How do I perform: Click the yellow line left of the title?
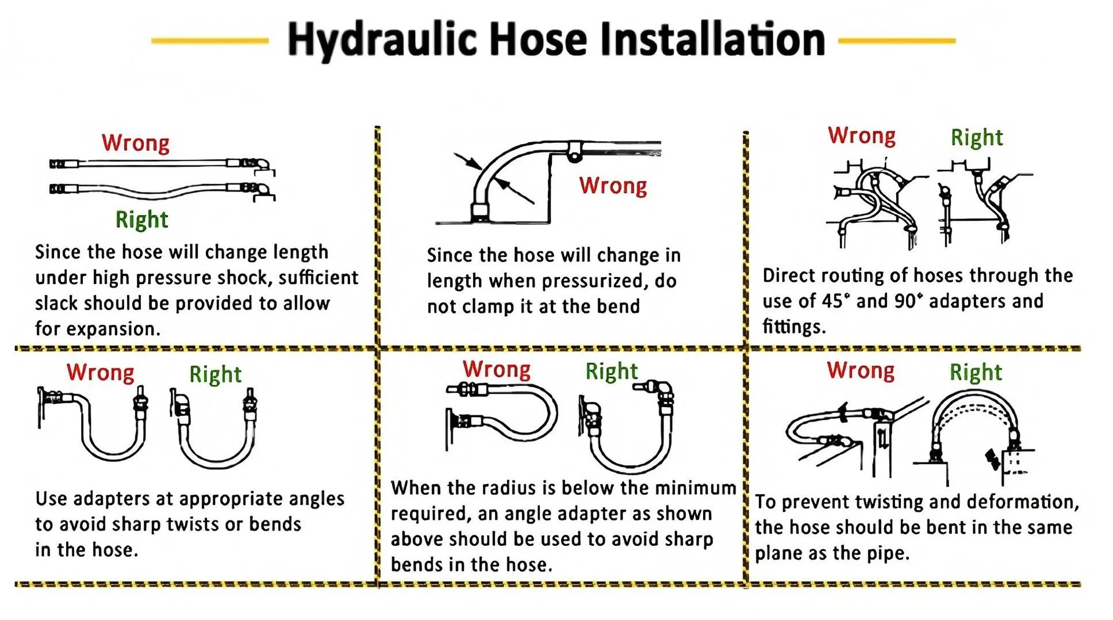tap(210, 41)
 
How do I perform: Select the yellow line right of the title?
tap(897, 41)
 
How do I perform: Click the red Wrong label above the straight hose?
tap(136, 143)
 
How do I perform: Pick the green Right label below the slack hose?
tap(142, 219)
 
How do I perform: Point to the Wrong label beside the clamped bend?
tap(613, 186)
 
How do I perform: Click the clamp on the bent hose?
tap(574, 151)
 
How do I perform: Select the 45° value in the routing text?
tap(835, 301)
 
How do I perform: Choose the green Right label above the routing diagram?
tap(977, 137)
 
